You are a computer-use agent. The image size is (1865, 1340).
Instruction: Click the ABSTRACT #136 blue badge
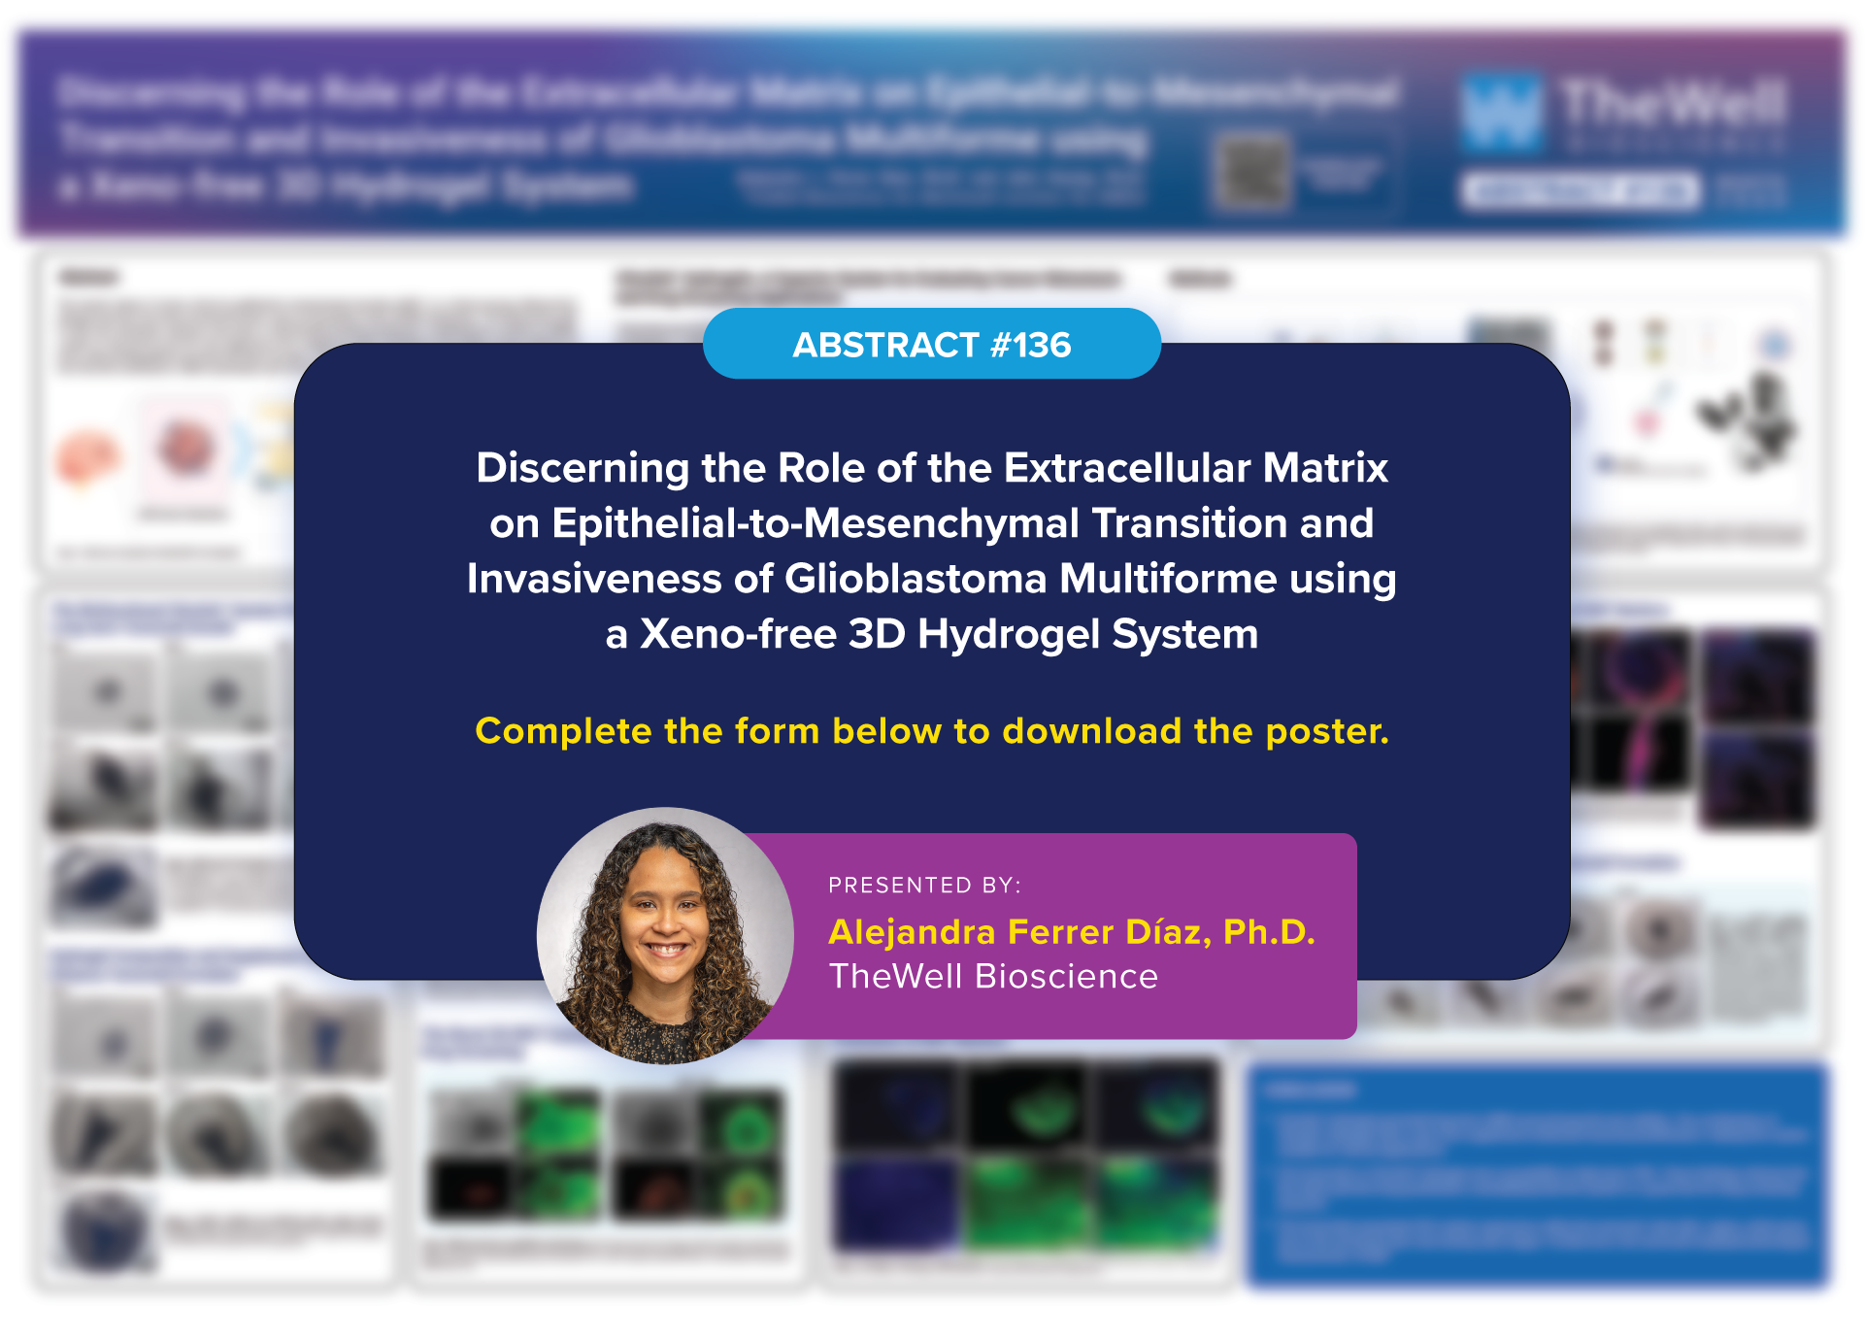point(931,345)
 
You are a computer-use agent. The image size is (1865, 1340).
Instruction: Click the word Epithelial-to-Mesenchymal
point(816,523)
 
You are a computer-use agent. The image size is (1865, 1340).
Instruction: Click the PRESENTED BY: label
point(924,886)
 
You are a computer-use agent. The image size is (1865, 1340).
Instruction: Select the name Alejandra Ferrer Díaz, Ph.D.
point(1072,932)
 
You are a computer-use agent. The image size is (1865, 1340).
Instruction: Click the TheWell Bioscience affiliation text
point(993,977)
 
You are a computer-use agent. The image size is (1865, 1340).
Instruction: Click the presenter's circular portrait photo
point(665,936)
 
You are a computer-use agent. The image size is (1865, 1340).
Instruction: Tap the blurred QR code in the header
point(1252,173)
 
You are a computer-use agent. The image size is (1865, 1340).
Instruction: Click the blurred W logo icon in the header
point(1501,112)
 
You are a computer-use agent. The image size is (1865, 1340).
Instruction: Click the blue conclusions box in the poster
point(1538,1175)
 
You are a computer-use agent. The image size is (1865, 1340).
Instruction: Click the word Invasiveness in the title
point(593,579)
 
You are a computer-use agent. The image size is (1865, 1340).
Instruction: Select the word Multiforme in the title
point(1167,579)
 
